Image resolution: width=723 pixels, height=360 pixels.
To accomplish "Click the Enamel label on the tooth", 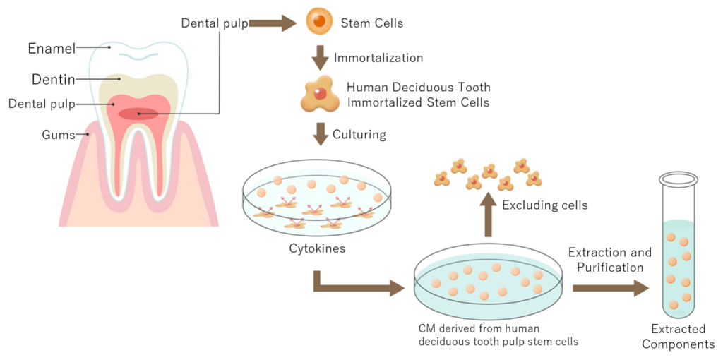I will coord(52,49).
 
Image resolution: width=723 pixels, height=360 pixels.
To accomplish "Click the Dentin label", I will coord(53,80).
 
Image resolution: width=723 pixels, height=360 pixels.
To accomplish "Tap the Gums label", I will coord(58,135).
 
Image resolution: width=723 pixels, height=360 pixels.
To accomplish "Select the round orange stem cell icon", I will coord(319,22).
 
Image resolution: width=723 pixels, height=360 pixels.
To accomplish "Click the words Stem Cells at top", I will coord(371,23).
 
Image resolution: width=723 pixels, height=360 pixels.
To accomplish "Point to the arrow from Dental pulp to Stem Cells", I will coord(273,23).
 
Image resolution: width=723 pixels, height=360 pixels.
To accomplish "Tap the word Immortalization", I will coord(378,58).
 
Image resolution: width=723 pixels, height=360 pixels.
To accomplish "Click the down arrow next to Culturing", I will coord(321,134).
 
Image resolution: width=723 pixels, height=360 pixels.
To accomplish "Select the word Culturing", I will coord(359,134).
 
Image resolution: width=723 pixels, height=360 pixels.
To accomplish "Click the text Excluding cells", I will coord(544,205).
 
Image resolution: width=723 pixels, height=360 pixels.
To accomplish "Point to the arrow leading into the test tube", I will coord(610,288).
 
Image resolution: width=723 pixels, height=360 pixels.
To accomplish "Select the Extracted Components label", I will coord(678,337).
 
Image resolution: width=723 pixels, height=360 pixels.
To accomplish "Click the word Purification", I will coord(610,268).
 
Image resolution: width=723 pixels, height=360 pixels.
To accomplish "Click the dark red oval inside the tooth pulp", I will coord(138,114).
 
